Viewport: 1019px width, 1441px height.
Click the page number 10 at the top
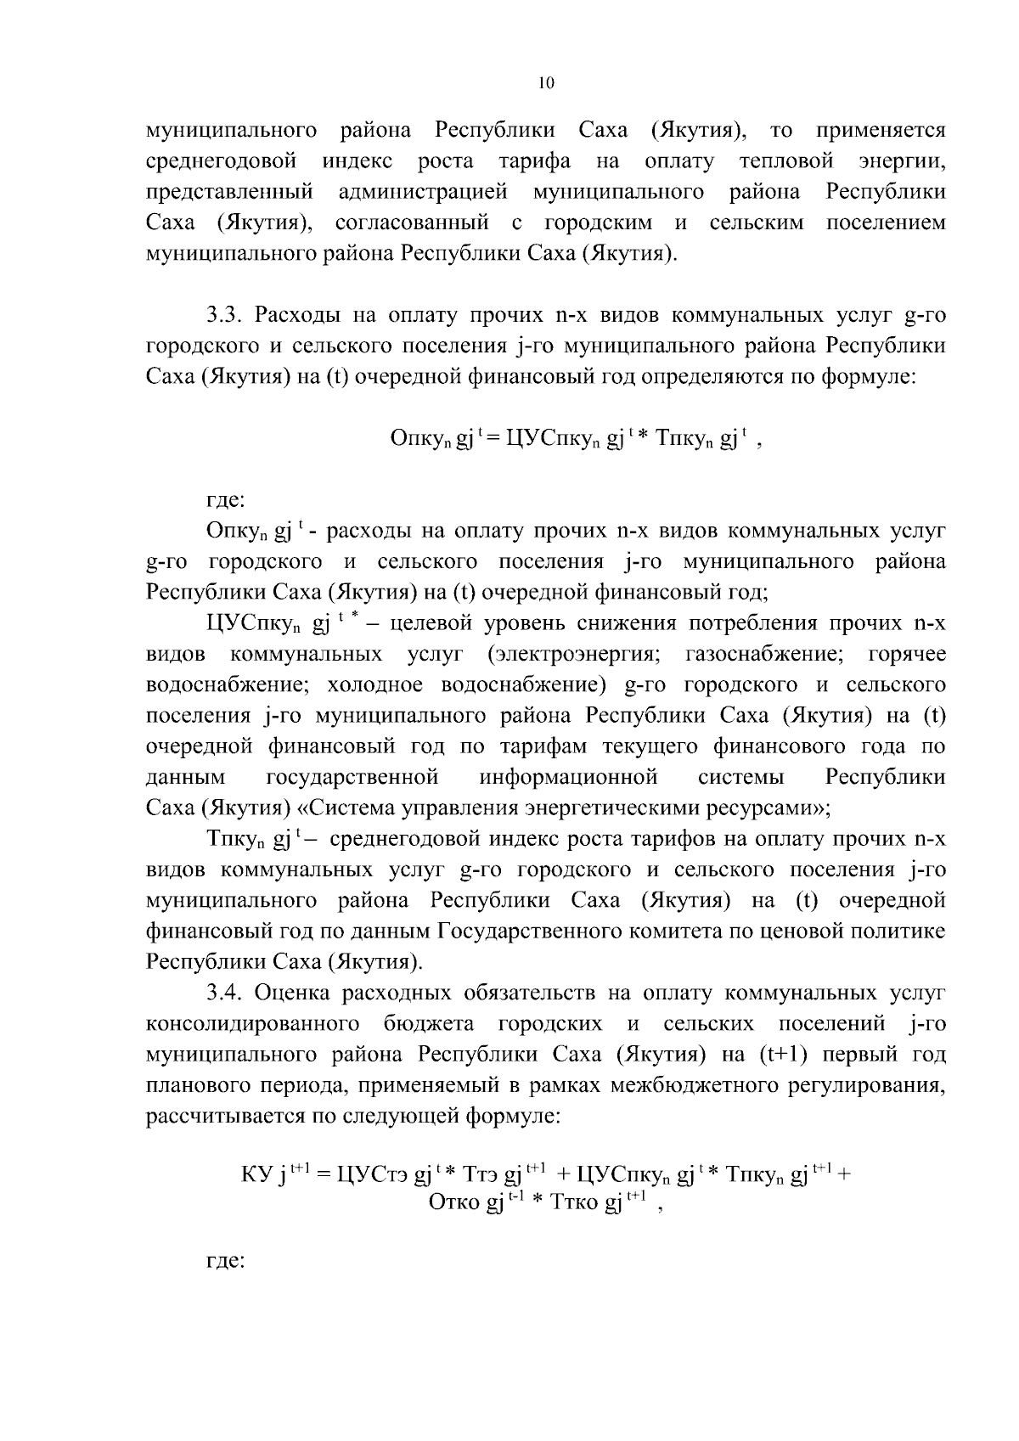(x=546, y=82)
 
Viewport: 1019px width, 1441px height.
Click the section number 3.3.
(x=224, y=316)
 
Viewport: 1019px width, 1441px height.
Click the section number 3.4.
(x=224, y=993)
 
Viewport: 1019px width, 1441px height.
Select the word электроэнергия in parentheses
(x=575, y=654)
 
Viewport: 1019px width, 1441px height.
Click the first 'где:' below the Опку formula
(x=226, y=501)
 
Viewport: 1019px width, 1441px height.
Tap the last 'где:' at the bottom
(x=226, y=1261)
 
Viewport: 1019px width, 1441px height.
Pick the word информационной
(x=568, y=776)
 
